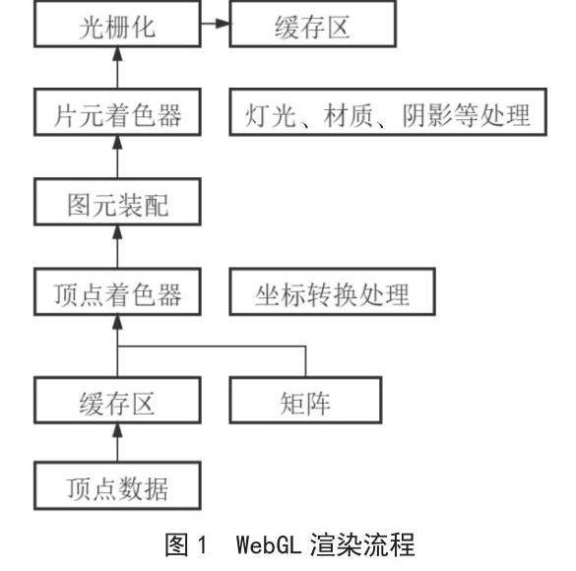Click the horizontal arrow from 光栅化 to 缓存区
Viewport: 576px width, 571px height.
pyautogui.click(x=216, y=24)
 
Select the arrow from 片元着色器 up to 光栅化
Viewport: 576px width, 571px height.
pyautogui.click(x=117, y=68)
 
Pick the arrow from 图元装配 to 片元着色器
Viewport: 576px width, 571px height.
pyautogui.click(x=117, y=158)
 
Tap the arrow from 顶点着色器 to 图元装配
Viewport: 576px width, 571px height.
pyautogui.click(x=117, y=247)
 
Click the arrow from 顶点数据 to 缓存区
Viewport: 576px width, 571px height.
pyautogui.click(x=117, y=443)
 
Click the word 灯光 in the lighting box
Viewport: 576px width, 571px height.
pyautogui.click(x=271, y=115)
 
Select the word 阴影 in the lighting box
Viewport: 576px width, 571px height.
pyautogui.click(x=427, y=115)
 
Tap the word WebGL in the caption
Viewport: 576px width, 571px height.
pyautogui.click(x=269, y=544)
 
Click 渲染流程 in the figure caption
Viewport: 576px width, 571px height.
pyautogui.click(x=362, y=544)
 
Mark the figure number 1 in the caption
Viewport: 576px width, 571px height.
pyautogui.click(x=201, y=544)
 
